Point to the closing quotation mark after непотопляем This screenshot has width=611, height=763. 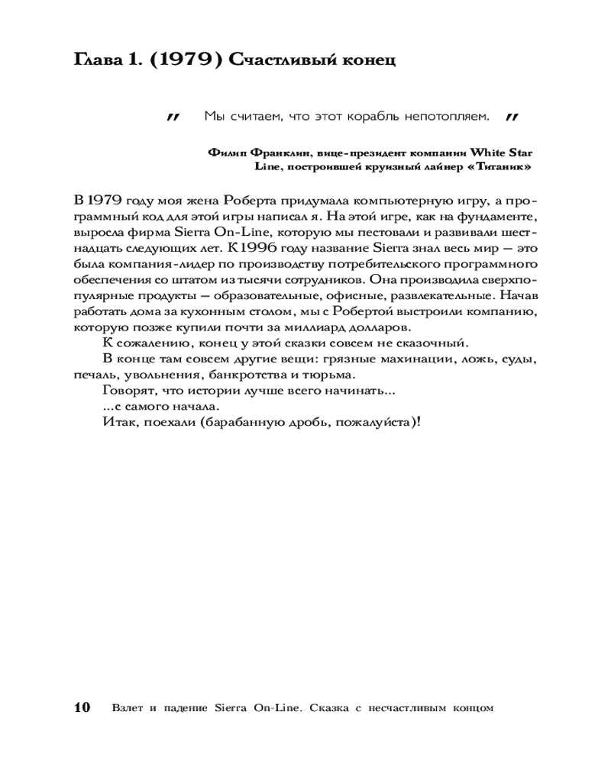coord(512,117)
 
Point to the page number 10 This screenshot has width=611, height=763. coord(82,707)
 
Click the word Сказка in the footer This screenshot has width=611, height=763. coord(330,707)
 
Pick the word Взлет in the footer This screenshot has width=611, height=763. coord(126,707)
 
